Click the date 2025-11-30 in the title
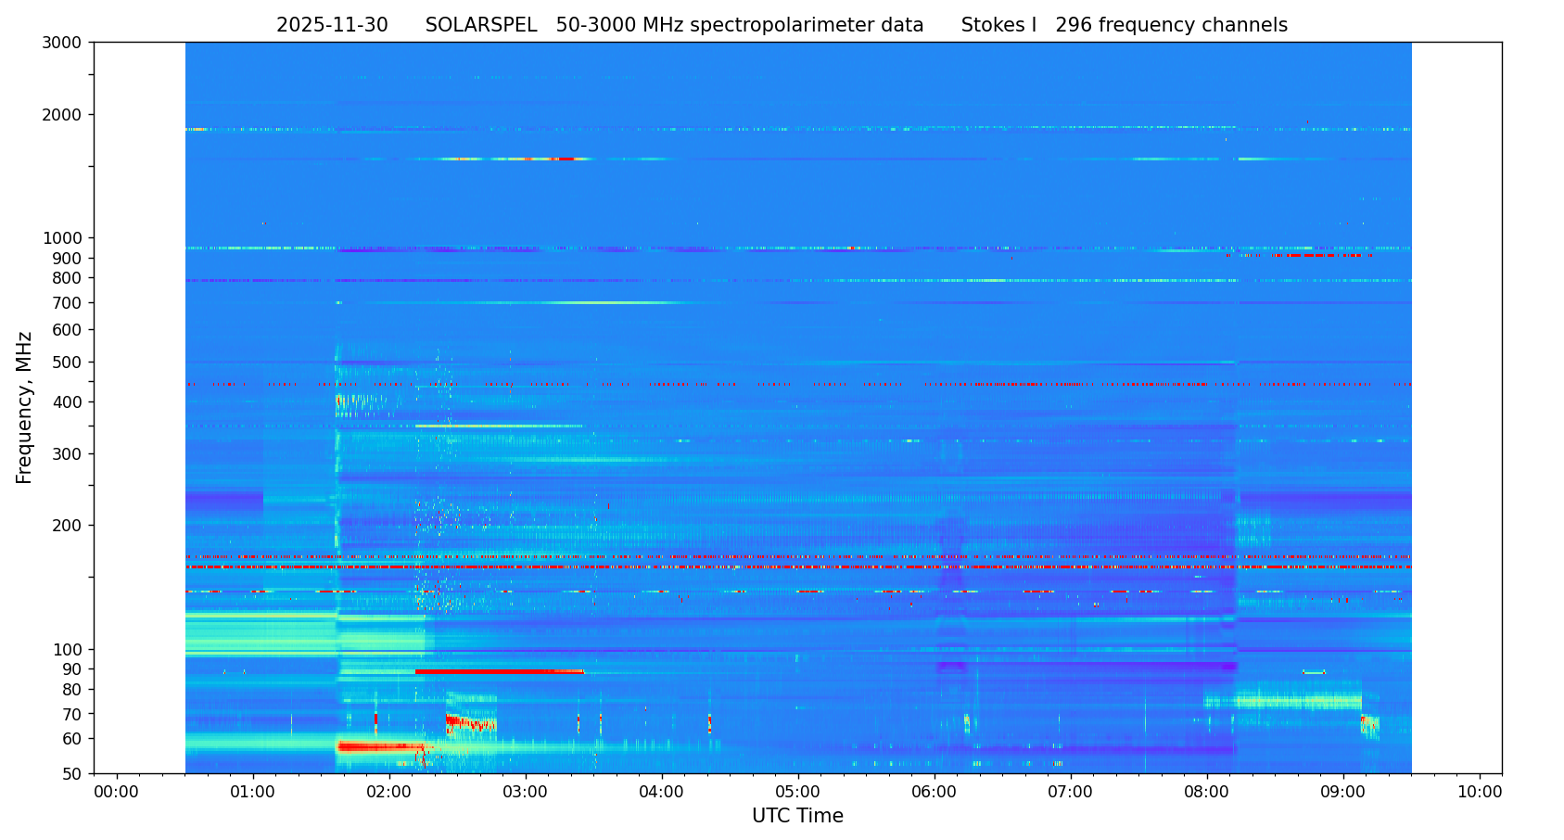pyautogui.click(x=332, y=26)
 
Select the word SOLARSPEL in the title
pyautogui.click(x=481, y=26)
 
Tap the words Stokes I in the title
pyautogui.click(x=998, y=26)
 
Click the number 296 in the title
pyautogui.click(x=1074, y=26)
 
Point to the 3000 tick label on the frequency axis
pyautogui.click(x=62, y=43)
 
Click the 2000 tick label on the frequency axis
pyautogui.click(x=62, y=115)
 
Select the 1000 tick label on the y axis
pyautogui.click(x=62, y=238)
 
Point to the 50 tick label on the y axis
pyautogui.click(x=71, y=773)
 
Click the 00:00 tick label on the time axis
pyautogui.click(x=117, y=793)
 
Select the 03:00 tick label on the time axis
pyautogui.click(x=526, y=793)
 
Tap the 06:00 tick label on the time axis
pyautogui.click(x=935, y=793)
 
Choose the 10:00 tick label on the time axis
pyautogui.click(x=1480, y=793)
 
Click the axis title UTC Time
pyautogui.click(x=797, y=817)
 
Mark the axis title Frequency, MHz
pyautogui.click(x=25, y=407)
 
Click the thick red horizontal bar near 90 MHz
pyautogui.click(x=499, y=671)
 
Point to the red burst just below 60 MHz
pyautogui.click(x=380, y=746)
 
